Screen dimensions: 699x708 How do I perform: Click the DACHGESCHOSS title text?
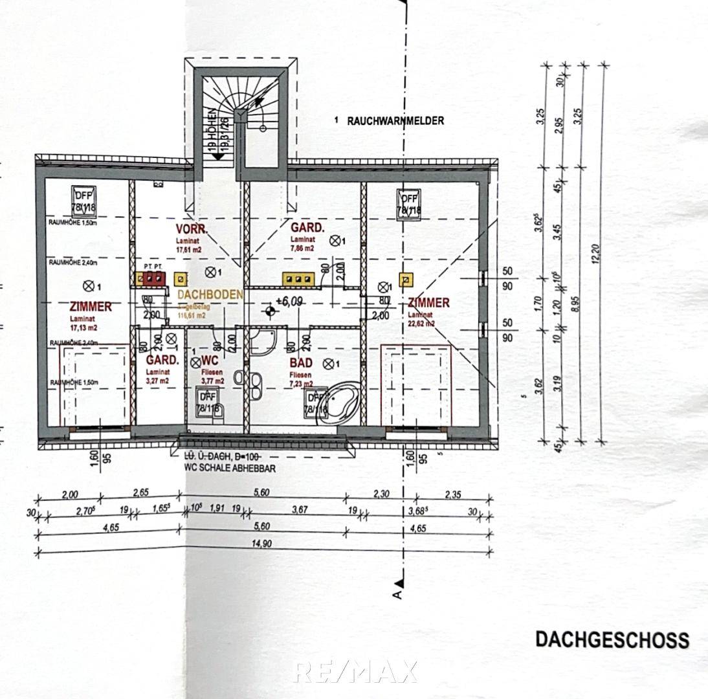tap(612, 639)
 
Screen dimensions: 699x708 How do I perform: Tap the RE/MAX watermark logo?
tap(355, 671)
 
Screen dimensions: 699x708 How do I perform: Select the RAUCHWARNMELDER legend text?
tap(395, 120)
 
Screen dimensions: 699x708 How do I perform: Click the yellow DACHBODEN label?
tap(210, 294)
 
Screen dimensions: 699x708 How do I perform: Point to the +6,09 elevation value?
tap(290, 300)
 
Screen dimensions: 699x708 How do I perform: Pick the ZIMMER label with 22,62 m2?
tap(428, 303)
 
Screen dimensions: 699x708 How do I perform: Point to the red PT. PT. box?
tap(154, 278)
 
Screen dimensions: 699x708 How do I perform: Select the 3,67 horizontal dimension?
tap(299, 510)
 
